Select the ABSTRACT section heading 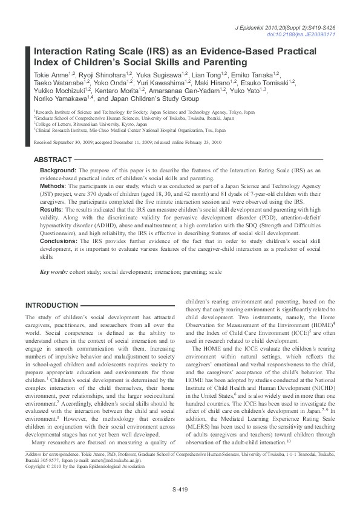pyautogui.click(x=53, y=160)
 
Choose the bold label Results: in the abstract pyautogui.click(x=52, y=209)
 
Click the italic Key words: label pyautogui.click(x=56, y=272)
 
